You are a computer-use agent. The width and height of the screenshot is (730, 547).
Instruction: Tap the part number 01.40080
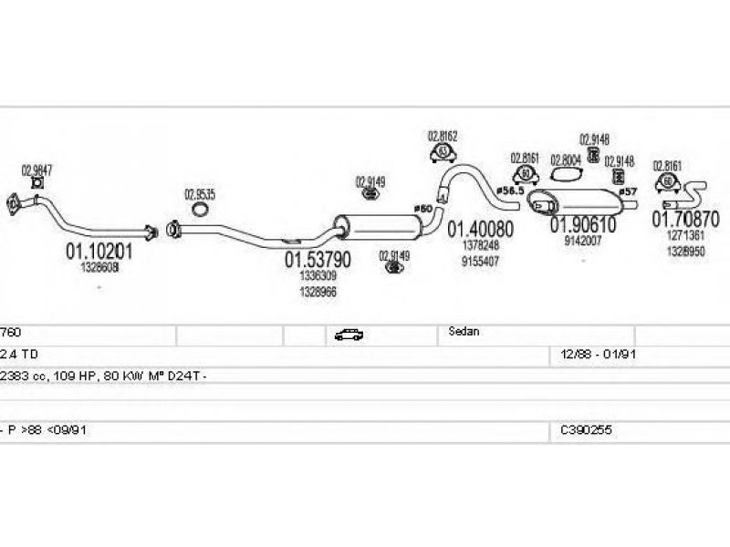[479, 229]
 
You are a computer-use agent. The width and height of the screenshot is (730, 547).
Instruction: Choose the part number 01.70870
[685, 220]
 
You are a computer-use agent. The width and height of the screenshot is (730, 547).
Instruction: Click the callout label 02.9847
[36, 170]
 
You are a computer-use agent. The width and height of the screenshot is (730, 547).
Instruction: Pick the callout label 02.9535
[200, 193]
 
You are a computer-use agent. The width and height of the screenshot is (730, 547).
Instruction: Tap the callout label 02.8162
[443, 137]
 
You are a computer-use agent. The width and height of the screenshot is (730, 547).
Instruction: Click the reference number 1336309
[318, 275]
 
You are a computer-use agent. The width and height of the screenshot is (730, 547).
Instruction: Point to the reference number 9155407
[479, 261]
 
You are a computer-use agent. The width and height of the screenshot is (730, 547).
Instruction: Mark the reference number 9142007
[582, 241]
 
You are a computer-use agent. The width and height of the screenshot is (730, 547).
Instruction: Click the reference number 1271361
[685, 235]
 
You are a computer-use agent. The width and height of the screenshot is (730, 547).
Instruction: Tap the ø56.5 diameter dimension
[509, 190]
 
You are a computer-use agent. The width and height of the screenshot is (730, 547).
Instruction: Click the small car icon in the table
[349, 335]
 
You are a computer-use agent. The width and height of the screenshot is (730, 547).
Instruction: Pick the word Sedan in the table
[464, 333]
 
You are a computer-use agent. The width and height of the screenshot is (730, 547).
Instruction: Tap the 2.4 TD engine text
[19, 354]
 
